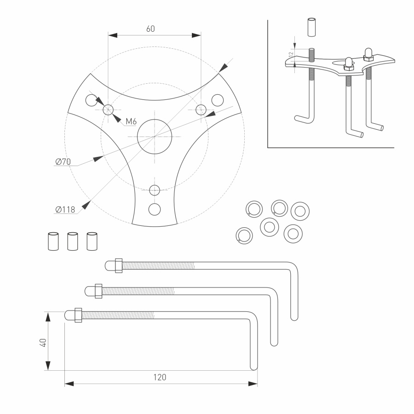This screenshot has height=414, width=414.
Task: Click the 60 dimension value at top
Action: (150, 29)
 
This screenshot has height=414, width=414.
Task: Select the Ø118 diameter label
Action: (65, 210)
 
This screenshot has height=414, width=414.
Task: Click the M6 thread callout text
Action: (131, 121)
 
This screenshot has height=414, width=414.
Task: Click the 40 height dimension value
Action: (43, 343)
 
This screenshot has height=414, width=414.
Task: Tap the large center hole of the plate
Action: (155, 137)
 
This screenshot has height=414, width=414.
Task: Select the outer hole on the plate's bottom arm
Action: (155, 209)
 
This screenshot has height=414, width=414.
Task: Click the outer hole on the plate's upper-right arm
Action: (217, 100)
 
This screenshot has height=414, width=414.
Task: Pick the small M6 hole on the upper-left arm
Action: (108, 109)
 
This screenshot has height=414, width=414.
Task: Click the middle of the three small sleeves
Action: (73, 241)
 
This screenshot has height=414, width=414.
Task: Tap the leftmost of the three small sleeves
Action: (53, 241)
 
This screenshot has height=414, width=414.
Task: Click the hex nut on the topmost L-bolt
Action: (118, 266)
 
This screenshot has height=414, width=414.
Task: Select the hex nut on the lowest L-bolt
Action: (78, 315)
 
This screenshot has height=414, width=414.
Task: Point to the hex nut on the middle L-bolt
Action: (98, 291)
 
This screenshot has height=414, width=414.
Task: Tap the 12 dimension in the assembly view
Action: (290, 54)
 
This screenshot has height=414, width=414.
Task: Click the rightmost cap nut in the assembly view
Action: (368, 54)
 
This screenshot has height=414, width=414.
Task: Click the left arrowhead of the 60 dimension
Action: (112, 35)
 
